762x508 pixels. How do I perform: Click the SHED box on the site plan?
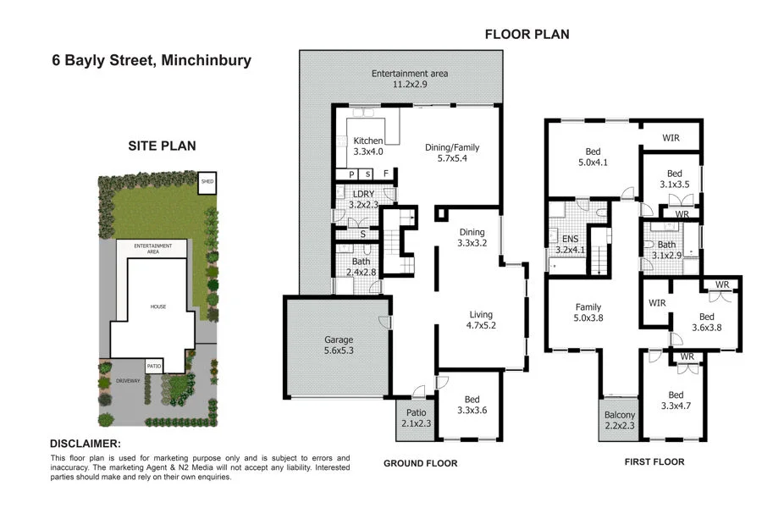[x=207, y=181]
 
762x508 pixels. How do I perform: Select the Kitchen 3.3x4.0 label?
[x=368, y=146]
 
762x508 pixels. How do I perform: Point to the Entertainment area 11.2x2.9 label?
[x=410, y=80]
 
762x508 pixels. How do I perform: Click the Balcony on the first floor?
[x=620, y=421]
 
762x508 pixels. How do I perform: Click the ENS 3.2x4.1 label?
[x=569, y=245]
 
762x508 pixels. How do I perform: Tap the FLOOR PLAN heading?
[x=527, y=35]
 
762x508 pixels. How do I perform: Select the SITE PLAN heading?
[x=162, y=146]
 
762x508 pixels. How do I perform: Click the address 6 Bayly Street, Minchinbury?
[x=150, y=61]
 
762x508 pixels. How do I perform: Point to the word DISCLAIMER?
[x=86, y=444]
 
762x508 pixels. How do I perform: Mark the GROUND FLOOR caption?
[x=420, y=463]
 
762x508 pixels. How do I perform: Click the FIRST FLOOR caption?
[x=654, y=462]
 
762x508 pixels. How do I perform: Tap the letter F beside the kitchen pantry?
[x=386, y=174]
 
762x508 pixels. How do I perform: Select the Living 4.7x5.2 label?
[x=480, y=321]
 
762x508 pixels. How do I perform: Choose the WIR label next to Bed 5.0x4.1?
[x=670, y=138]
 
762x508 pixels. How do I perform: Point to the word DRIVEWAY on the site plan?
[x=129, y=381]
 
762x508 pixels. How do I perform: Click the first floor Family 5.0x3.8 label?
[x=588, y=313]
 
